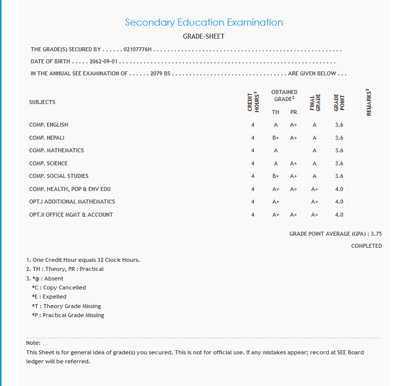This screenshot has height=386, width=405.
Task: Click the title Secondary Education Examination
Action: point(204,23)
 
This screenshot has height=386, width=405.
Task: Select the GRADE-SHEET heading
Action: point(204,37)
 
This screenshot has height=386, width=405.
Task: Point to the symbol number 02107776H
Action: point(138,50)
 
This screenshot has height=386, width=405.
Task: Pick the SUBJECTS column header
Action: point(42,102)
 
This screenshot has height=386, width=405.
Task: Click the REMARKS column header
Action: point(369,103)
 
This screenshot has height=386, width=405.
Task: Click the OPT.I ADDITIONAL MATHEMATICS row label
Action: point(72,202)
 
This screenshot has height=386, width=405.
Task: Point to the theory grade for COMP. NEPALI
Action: point(276,138)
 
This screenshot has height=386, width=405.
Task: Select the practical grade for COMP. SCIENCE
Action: point(293,163)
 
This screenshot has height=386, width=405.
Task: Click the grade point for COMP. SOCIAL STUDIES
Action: point(339,176)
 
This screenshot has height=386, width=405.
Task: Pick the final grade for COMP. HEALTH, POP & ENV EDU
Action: point(315,189)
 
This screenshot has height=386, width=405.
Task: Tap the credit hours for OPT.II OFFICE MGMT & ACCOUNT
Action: point(253,215)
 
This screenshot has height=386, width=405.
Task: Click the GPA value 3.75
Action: point(376,234)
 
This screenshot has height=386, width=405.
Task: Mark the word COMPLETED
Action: point(366,246)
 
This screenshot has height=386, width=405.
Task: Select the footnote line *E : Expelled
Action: point(49,297)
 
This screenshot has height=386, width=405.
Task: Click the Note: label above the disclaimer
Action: point(33,343)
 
